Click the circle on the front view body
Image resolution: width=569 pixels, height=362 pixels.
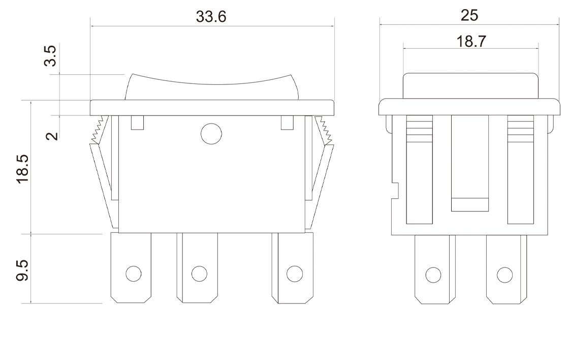(211, 134)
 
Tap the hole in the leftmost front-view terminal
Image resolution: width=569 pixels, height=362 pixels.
(134, 273)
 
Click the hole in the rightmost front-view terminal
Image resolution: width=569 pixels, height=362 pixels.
(294, 273)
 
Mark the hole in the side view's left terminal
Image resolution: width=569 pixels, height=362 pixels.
(433, 275)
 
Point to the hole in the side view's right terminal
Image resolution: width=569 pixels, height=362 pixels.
(504, 275)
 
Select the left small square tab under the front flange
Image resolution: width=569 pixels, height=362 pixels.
(137, 123)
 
